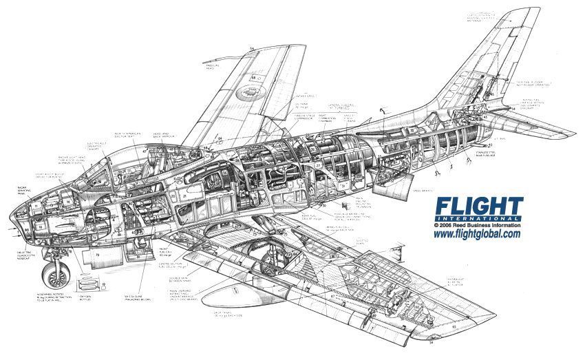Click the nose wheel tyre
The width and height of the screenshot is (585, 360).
[x=54, y=275]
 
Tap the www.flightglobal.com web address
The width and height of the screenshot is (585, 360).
[x=476, y=234]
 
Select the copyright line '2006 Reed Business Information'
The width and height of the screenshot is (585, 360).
[x=477, y=225]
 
